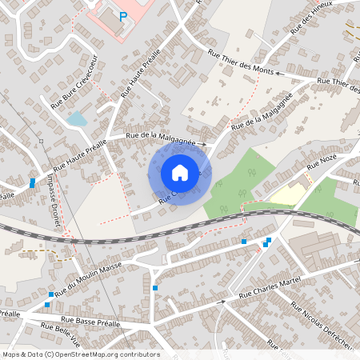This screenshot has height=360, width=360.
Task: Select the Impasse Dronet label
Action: click(x=53, y=209)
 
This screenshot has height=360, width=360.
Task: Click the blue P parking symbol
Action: click(x=122, y=15)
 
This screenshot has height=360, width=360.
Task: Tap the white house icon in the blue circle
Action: click(x=180, y=173)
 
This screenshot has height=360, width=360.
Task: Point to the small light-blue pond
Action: click(x=77, y=120)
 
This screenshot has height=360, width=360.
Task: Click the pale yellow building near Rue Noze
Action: click(x=287, y=193)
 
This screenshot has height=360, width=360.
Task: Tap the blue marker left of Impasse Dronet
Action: click(x=32, y=183)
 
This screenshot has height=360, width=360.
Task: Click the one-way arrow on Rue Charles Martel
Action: click(x=222, y=302)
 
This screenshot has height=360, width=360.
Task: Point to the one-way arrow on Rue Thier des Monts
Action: click(x=279, y=72)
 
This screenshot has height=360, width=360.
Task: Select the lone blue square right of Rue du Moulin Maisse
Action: click(x=155, y=288)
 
